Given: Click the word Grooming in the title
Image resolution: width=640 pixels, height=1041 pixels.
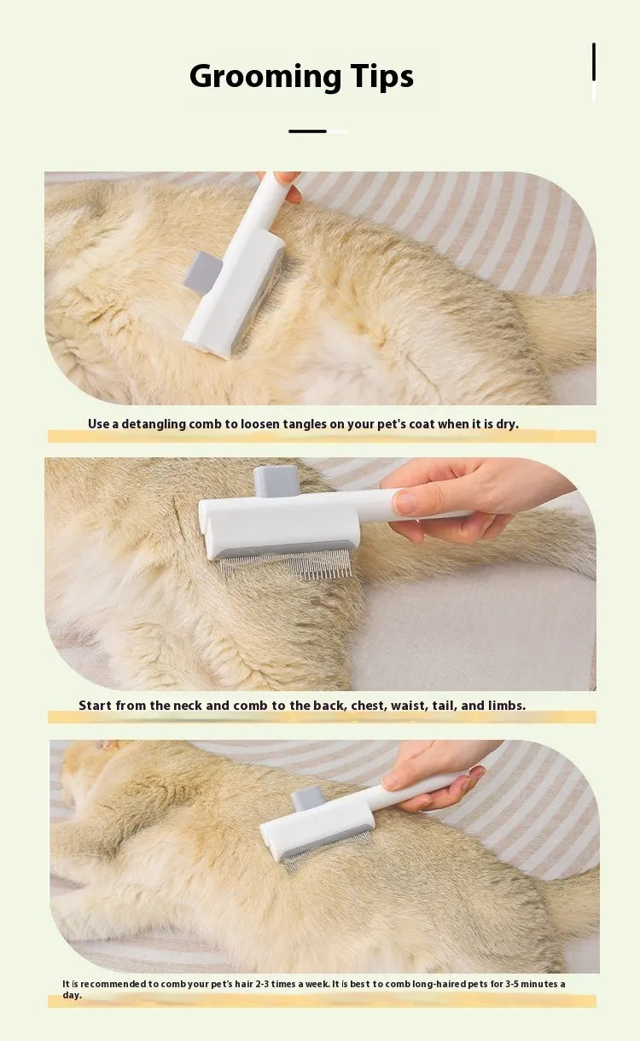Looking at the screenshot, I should [x=253, y=77].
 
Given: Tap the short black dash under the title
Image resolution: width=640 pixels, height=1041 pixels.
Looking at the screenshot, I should [x=307, y=131].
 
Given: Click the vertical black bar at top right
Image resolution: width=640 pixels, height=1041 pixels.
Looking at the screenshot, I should [x=594, y=62].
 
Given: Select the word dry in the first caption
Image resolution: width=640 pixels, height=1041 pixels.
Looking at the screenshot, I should [x=506, y=424].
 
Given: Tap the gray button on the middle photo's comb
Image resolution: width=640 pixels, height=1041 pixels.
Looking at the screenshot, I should [x=276, y=480].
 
